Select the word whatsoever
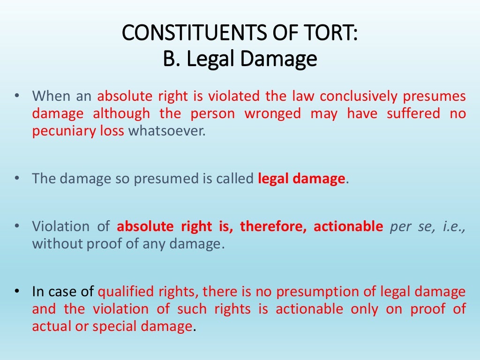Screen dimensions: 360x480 (x=167, y=131)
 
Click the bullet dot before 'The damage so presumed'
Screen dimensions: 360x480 (x=17, y=179)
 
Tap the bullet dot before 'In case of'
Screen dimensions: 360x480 (x=17, y=292)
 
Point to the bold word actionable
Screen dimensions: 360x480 (x=348, y=227)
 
